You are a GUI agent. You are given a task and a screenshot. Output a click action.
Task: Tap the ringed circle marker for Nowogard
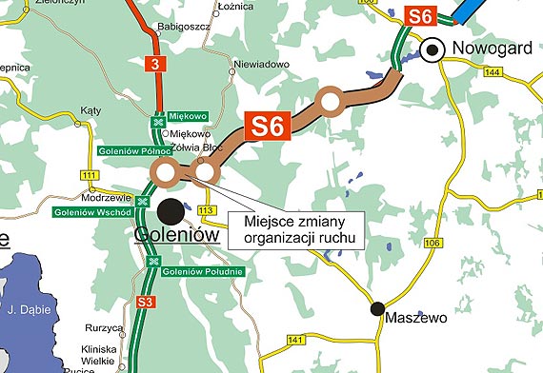pos(434,49)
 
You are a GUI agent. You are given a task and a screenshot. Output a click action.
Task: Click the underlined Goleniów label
pos(178,237)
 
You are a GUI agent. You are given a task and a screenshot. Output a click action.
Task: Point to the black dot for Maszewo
pos(378,307)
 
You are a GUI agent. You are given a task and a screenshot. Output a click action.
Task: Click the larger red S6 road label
pos(266,127)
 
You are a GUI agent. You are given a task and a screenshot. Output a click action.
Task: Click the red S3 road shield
pos(145,303)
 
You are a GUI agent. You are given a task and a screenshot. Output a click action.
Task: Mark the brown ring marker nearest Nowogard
pos(331,101)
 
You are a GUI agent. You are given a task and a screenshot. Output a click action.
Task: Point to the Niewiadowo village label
pos(262,66)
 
